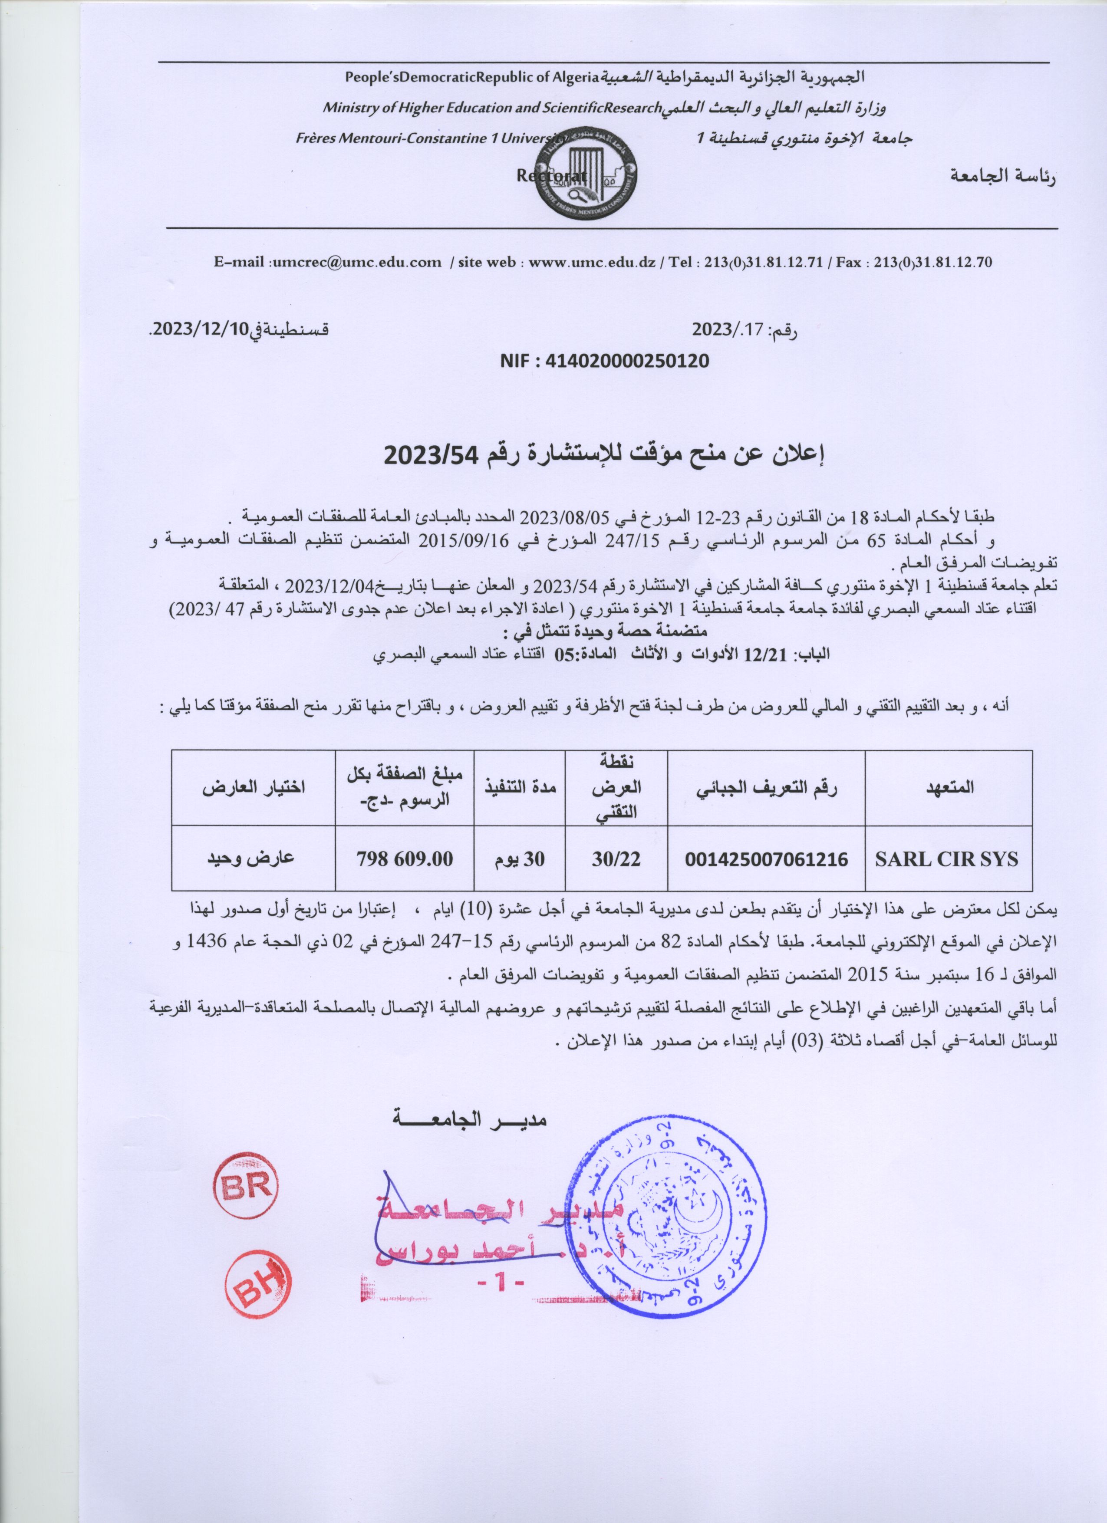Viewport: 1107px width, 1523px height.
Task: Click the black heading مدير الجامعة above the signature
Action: (x=470, y=1119)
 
